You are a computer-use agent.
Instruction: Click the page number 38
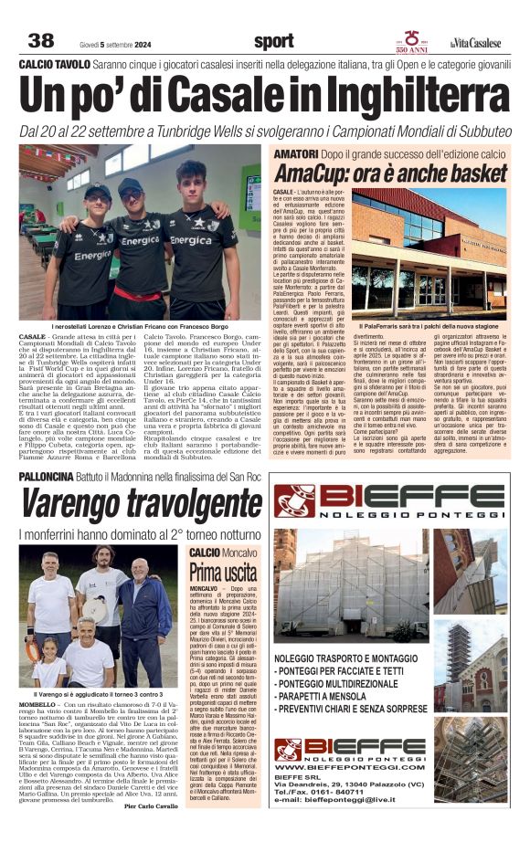pos(41,40)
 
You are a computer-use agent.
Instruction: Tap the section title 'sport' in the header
pos(274,40)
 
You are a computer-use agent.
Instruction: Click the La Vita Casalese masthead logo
pos(474,40)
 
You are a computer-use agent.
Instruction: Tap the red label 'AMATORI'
pos(296,153)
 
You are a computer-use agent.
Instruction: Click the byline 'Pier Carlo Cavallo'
pos(152,831)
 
